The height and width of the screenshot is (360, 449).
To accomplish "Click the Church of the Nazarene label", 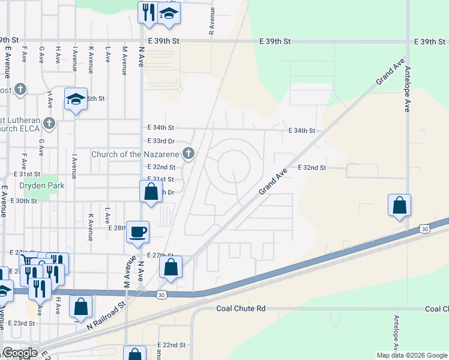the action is (x=136, y=154).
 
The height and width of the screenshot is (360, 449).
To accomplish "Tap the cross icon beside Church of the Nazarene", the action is (x=188, y=154).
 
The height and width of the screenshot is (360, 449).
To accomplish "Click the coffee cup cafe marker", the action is (x=138, y=232).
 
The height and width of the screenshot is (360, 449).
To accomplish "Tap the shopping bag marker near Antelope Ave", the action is (x=399, y=206).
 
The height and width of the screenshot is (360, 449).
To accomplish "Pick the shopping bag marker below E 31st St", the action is (x=151, y=193).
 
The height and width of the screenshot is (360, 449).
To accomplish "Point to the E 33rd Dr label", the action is (x=161, y=141).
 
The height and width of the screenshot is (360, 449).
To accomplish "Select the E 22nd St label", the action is (x=171, y=345).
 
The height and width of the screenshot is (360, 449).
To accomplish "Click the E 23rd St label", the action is (x=22, y=323).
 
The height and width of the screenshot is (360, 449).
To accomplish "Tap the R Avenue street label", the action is (x=212, y=22).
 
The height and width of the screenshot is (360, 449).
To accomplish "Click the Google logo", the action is (x=20, y=353).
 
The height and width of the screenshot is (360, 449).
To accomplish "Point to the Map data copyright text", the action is (x=411, y=355).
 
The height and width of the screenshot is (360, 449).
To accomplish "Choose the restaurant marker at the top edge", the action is (x=148, y=13).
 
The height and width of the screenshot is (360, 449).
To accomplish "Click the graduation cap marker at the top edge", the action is (x=169, y=13).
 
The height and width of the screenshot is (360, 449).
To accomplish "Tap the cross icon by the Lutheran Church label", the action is (x=49, y=124).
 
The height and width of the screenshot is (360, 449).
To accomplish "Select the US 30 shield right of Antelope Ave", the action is (x=424, y=229).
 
